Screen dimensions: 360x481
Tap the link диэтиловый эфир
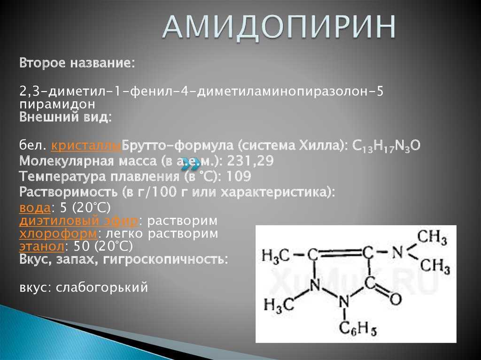(x=78, y=221)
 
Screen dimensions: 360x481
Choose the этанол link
(x=42, y=245)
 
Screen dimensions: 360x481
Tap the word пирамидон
(x=58, y=103)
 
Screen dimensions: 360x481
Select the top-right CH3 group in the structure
(x=432, y=237)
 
